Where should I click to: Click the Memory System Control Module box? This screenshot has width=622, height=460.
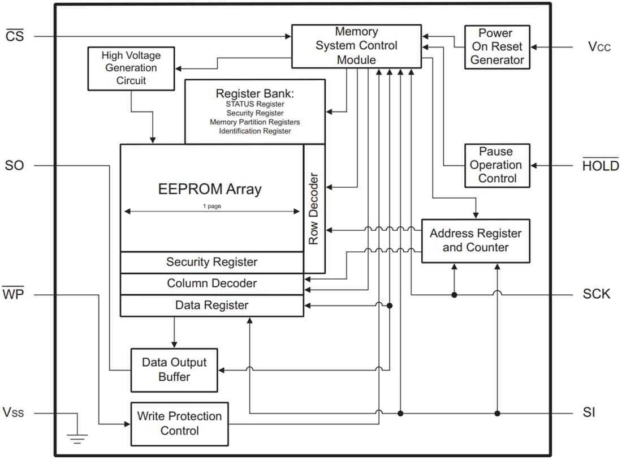pos(356,45)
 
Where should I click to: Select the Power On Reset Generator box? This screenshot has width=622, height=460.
pos(497,47)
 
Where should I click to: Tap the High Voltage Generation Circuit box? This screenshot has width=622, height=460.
pos(131,68)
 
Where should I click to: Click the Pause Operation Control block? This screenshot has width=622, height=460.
pos(497,165)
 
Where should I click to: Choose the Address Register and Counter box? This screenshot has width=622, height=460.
pos(476,240)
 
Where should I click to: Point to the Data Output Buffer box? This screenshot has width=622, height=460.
pos(174,369)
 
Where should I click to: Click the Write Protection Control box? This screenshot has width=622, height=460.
pos(179,423)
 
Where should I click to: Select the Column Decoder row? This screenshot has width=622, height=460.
pos(211,283)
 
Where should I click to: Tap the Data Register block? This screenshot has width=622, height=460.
pos(211,306)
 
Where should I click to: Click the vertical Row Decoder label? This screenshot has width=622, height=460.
pos(314,208)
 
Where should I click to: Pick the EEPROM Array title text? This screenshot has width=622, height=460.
pos(210,189)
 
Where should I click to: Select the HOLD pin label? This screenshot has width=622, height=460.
pos(600,166)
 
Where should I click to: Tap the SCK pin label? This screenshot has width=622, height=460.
pos(596,294)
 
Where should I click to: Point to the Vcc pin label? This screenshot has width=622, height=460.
pos(599,47)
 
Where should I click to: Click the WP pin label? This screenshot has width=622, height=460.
pos(13,294)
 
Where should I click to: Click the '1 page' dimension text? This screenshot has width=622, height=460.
pos(212,207)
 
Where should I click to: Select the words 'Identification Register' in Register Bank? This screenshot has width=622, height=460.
pos(255,131)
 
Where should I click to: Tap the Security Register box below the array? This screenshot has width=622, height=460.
pos(211,262)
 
